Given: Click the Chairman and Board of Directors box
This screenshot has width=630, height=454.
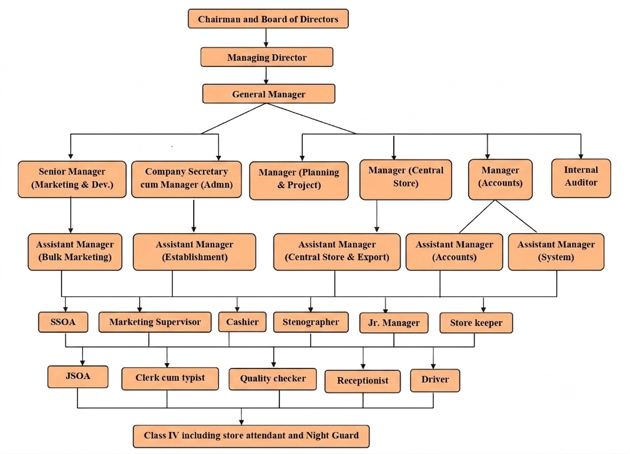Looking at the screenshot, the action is point(268,19).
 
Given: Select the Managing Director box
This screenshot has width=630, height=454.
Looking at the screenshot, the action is point(267,57).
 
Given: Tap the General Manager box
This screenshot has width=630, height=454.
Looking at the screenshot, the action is point(268,94).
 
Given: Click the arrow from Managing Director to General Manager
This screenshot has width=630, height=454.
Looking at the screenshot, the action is point(266,75).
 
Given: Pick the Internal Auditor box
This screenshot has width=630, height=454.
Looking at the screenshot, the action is point(581,178).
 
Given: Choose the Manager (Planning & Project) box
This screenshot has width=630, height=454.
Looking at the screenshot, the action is point(299,180).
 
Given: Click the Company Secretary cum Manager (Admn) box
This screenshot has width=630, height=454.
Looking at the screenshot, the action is point(187,179).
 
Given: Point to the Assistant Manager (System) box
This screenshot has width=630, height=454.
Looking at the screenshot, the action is point(556,252).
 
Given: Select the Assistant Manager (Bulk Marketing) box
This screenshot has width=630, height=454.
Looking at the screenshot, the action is point(75,252).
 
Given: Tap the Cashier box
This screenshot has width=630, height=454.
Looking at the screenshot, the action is point(242,322).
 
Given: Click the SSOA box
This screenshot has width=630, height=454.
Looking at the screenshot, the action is point(63,322).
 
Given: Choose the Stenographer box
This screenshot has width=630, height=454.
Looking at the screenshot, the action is point(311,322).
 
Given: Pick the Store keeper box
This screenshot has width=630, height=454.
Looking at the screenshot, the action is point(476,323).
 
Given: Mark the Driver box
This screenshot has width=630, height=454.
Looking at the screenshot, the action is point(435,380).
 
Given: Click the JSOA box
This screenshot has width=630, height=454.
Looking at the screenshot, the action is point(78,377).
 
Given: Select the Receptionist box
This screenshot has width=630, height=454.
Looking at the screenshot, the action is point(363,381).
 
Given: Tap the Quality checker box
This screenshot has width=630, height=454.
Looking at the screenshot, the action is point(273,379).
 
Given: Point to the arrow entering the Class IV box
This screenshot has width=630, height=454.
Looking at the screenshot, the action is point(241,416).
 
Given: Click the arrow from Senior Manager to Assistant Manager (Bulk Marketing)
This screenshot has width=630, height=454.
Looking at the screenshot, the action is point(70,215).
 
